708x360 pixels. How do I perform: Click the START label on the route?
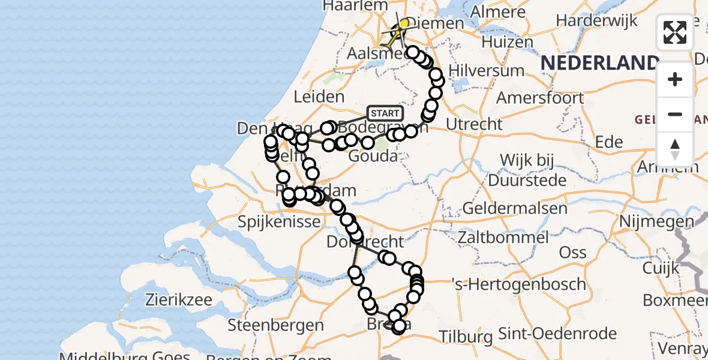(385, 113)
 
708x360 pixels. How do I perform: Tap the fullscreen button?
(675, 32)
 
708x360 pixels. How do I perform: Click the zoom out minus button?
(675, 114)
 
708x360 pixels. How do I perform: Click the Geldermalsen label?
(515, 209)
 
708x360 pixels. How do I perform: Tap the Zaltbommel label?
(502, 237)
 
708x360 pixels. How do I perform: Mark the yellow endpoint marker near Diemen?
(404, 24)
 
